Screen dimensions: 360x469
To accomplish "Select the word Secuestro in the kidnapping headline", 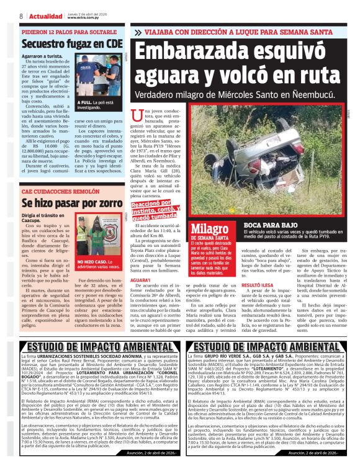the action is click(x=46, y=44).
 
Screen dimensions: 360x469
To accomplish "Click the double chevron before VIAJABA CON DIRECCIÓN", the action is click(x=138, y=31).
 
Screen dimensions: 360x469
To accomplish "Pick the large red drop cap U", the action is click(x=138, y=115).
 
